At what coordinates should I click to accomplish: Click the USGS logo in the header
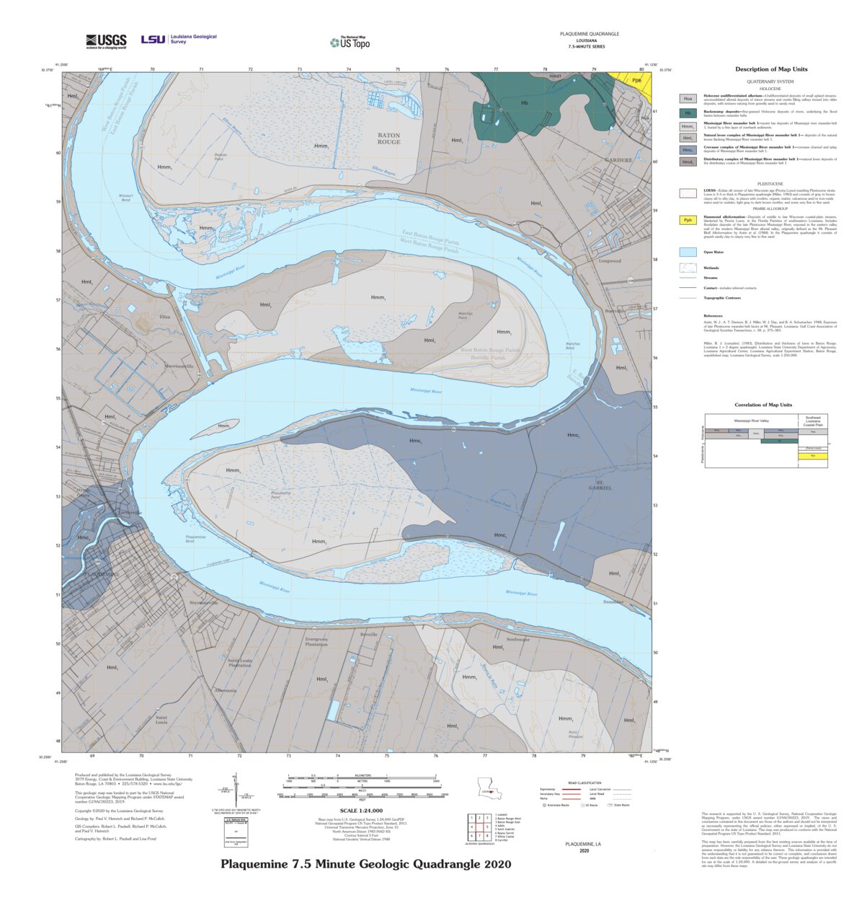point(106,41)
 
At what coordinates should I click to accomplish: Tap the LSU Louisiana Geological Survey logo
point(178,40)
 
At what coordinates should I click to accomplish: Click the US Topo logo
point(350,43)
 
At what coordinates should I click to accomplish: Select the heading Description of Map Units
point(770,69)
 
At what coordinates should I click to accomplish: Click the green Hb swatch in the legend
point(688,113)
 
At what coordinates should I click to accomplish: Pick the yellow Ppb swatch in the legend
point(688,220)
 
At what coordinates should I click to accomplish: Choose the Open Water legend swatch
point(688,252)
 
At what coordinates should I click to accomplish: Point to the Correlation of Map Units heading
point(763,405)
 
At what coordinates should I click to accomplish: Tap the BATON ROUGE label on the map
point(388,138)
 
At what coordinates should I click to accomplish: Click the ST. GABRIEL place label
point(603,485)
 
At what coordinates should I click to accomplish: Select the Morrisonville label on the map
point(179,366)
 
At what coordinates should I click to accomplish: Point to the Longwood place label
point(609,261)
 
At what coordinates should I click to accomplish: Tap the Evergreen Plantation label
point(316,641)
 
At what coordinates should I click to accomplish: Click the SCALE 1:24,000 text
point(361,811)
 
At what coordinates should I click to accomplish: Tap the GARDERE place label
point(618,160)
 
